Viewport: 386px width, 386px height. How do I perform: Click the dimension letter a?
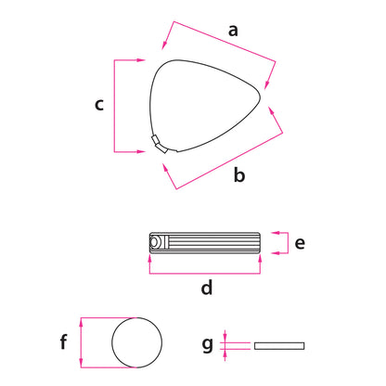[233, 31]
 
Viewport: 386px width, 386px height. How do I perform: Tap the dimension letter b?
[239, 174]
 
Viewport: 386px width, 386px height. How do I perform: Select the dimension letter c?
[99, 105]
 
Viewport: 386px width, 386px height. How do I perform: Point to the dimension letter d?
[207, 287]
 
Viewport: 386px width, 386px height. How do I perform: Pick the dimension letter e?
[300, 243]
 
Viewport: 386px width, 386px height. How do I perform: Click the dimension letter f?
[63, 341]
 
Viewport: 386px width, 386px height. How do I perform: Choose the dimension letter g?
[207, 344]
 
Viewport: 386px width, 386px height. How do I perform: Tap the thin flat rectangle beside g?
[279, 346]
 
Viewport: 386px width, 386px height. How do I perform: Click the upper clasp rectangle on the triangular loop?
[155, 139]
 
